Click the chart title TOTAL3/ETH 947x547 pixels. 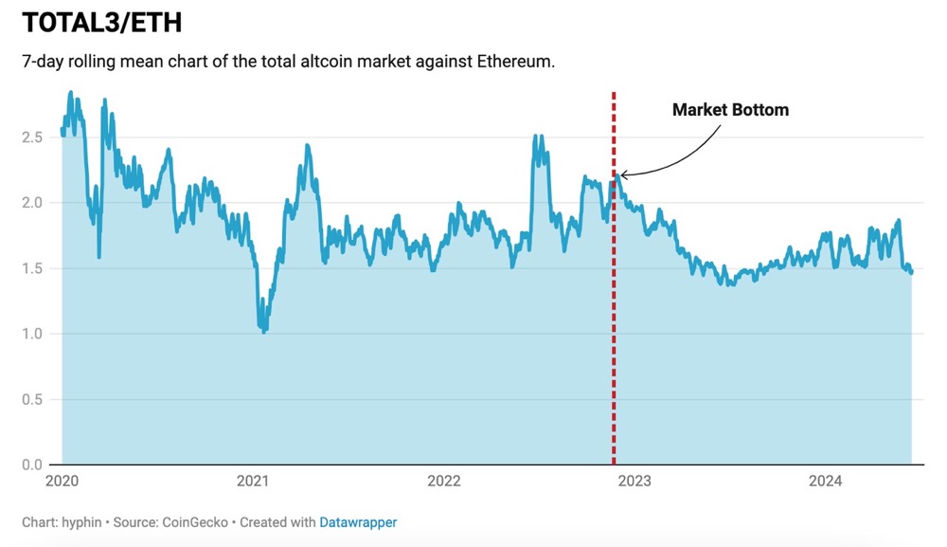click(x=101, y=23)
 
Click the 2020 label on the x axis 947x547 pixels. click(x=62, y=482)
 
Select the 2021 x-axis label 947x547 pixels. click(x=253, y=482)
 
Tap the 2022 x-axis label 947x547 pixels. click(x=443, y=482)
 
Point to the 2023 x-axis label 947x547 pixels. click(x=634, y=482)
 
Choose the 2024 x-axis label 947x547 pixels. click(x=825, y=482)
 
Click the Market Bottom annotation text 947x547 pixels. click(x=730, y=110)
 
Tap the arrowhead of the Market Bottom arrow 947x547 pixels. click(x=622, y=174)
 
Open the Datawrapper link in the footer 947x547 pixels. click(x=358, y=522)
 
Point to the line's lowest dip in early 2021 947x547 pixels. click(x=263, y=331)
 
